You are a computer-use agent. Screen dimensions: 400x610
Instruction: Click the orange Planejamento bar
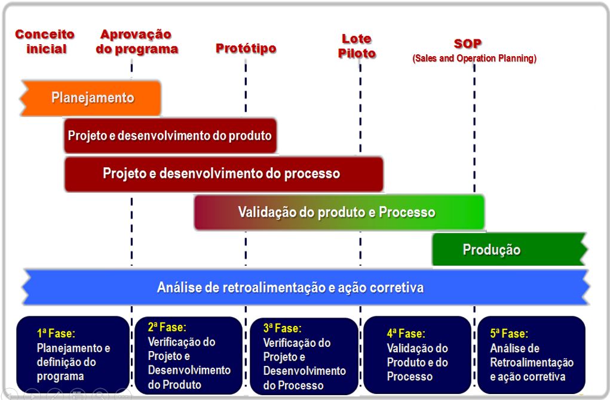click(92, 98)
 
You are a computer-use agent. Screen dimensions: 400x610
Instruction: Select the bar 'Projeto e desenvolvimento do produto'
click(170, 136)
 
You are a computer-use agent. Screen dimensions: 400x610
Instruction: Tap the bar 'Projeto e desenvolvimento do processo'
click(222, 174)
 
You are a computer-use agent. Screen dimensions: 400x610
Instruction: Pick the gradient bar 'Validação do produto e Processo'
click(337, 213)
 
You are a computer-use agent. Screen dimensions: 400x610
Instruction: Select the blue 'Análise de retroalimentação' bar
click(291, 288)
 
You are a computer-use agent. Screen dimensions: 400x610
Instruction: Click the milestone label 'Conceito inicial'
click(45, 42)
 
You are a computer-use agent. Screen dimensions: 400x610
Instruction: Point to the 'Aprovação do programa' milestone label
click(137, 42)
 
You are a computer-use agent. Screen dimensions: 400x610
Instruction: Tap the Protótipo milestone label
click(246, 48)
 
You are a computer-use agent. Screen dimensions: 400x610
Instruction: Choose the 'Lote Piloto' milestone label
click(357, 46)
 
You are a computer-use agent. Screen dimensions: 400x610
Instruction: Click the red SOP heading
click(467, 44)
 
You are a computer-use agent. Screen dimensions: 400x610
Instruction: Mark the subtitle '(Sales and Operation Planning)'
click(474, 59)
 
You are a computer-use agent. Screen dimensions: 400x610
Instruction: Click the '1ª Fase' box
click(72, 355)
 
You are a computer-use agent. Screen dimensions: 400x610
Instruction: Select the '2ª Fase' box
click(188, 355)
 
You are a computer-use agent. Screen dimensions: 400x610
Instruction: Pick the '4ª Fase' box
click(417, 355)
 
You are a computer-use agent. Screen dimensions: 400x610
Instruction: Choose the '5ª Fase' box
click(531, 355)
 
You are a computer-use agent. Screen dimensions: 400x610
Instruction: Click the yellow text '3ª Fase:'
click(283, 328)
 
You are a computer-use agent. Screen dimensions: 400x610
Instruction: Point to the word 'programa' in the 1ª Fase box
click(60, 376)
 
